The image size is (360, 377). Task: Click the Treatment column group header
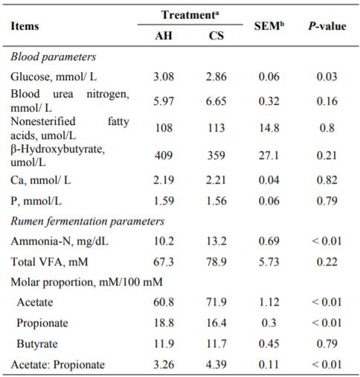190,15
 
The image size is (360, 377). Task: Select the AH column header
164,36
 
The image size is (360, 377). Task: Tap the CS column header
216,36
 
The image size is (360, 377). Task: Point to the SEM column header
269,26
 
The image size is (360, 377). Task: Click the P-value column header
327,26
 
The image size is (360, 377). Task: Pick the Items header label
25,26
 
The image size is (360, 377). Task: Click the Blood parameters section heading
54,57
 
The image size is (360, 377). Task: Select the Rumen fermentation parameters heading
88,221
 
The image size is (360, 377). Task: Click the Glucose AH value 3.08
164,77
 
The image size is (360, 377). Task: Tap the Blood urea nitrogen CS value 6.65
216,101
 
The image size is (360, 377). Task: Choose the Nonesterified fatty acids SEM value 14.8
269,128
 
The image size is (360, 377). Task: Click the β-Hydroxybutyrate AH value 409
164,155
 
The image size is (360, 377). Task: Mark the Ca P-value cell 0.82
327,180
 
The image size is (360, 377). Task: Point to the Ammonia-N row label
60,241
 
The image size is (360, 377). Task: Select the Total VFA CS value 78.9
216,262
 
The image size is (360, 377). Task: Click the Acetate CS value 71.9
216,302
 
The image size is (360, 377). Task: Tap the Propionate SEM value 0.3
269,323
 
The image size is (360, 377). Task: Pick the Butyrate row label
37,344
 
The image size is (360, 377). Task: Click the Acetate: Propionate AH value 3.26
164,364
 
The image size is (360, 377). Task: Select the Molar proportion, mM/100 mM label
87,282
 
